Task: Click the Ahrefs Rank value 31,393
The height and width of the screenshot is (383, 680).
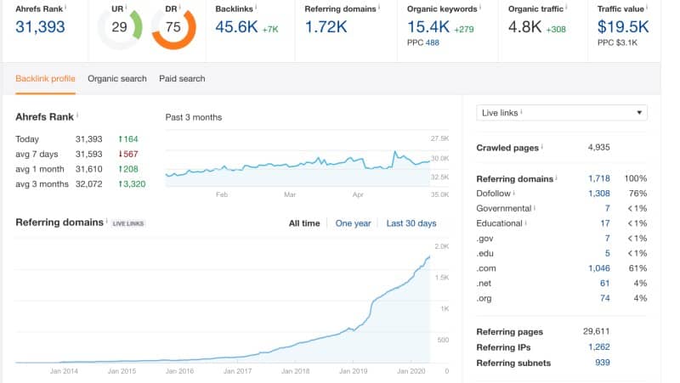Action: point(41,27)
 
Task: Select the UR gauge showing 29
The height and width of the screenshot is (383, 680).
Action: point(120,28)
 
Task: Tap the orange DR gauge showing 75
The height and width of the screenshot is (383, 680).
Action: point(173,28)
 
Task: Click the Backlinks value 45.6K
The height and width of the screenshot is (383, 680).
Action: point(238,27)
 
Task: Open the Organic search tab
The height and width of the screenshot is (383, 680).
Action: point(117,79)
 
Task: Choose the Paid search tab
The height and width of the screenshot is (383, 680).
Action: point(182,79)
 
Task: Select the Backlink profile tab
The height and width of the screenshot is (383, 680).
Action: point(45,79)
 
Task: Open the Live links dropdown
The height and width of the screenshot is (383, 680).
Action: point(562,113)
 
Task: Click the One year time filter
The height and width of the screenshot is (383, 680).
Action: point(353,223)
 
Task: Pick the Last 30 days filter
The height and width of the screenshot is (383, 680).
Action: point(411,223)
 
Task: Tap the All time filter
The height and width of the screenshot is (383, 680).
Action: point(304,223)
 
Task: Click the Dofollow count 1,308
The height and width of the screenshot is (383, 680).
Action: point(598,194)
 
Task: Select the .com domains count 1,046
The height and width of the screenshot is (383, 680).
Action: point(598,268)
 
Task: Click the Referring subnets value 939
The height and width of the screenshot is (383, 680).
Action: point(602,363)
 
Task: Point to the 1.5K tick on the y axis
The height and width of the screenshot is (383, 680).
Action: point(444,277)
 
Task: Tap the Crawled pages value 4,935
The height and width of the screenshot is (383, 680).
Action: point(599,148)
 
